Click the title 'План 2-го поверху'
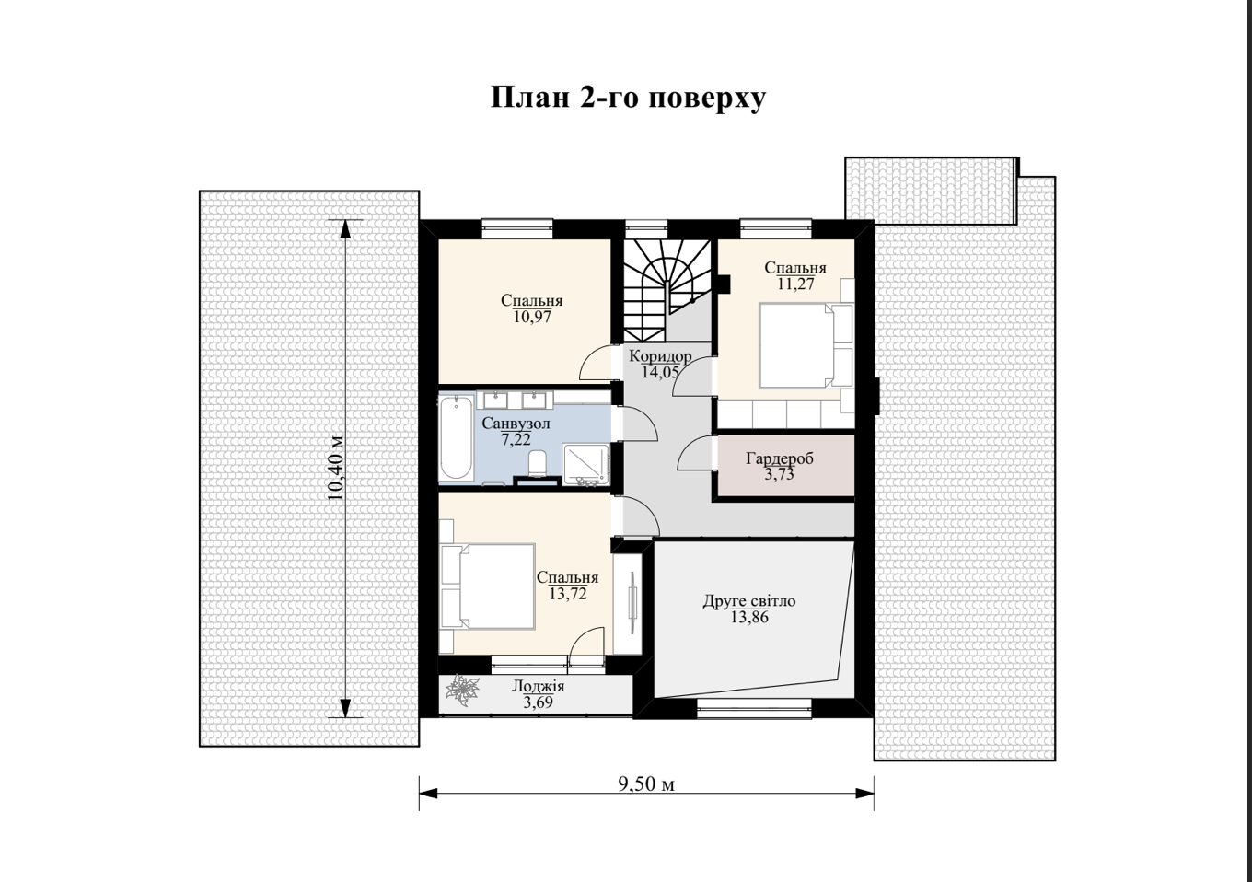pyautogui.click(x=628, y=99)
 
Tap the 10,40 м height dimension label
pyautogui.click(x=337, y=468)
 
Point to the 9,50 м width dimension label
pyautogui.click(x=646, y=784)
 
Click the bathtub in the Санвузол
pyautogui.click(x=456, y=437)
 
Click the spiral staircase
pyautogui.click(x=667, y=291)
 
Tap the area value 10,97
pyautogui.click(x=532, y=317)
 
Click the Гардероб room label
pyautogui.click(x=780, y=458)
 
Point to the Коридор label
pyautogui.click(x=660, y=356)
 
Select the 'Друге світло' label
pyautogui.click(x=749, y=601)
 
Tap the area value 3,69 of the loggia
pyautogui.click(x=538, y=702)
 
